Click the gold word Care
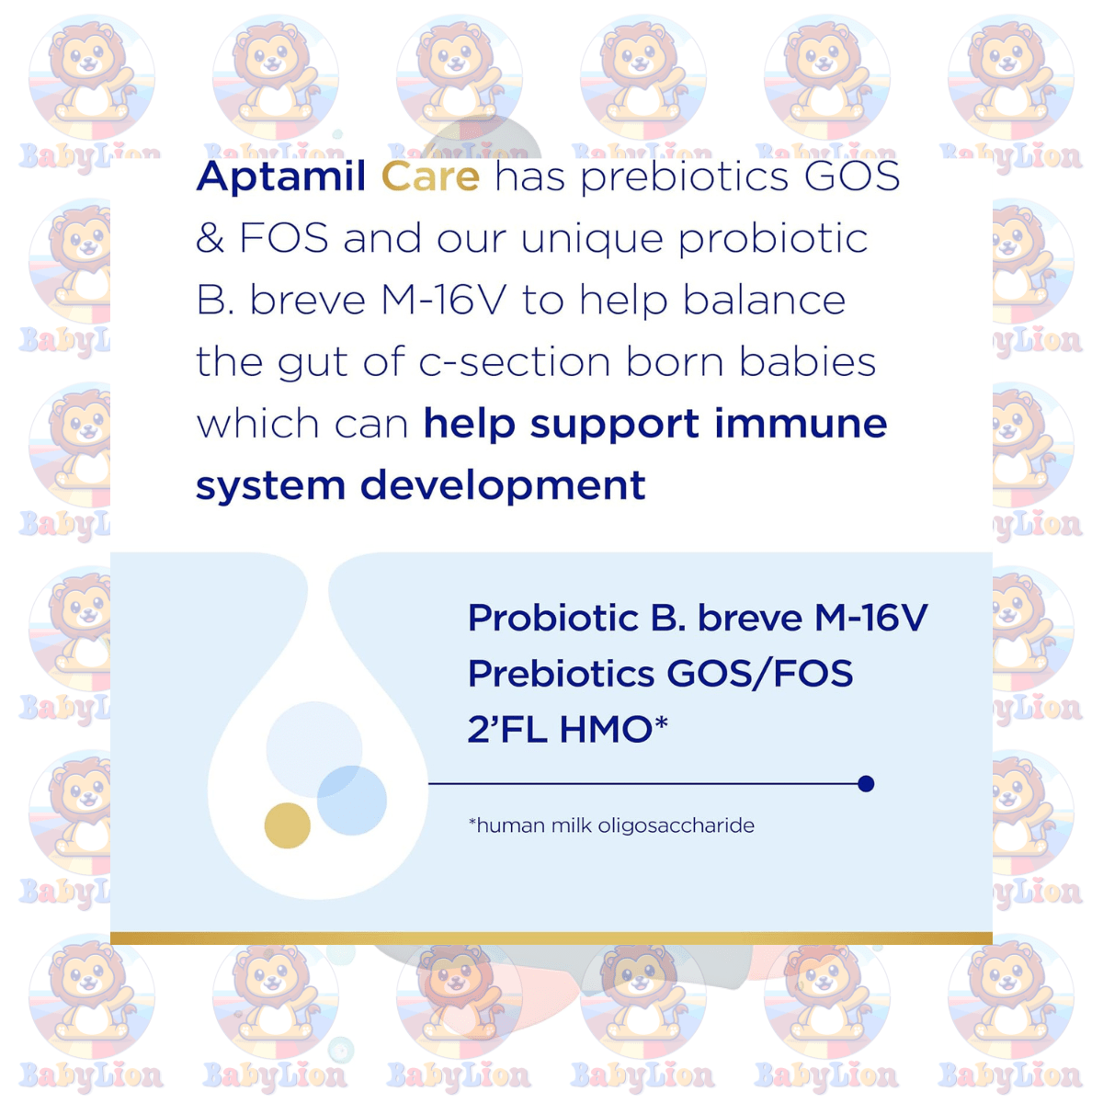tap(430, 176)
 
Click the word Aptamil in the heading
tap(281, 176)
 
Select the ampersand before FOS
tap(210, 238)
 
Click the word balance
tap(764, 300)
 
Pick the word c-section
tap(515, 362)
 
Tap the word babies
tap(808, 362)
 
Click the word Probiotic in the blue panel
tap(553, 618)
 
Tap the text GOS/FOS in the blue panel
tap(759, 674)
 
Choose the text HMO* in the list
tap(614, 729)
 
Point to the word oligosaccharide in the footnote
tap(676, 826)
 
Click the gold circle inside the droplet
tap(288, 824)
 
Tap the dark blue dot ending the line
tap(866, 784)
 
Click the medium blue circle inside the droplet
tap(352, 800)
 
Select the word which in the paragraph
tap(257, 424)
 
